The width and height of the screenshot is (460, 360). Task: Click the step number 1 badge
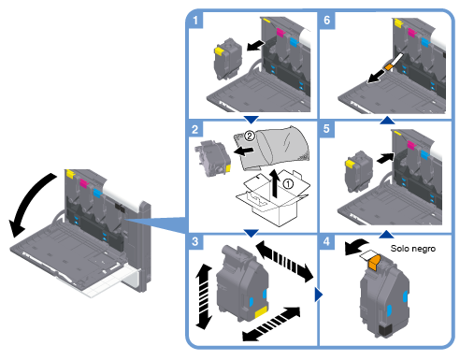(195, 21)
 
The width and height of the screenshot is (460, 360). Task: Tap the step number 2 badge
(195, 129)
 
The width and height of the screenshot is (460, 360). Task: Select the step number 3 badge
(195, 241)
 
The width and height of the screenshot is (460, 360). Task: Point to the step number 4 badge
(326, 241)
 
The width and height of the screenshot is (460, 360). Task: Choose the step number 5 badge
(326, 129)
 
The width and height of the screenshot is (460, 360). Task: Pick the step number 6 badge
(327, 21)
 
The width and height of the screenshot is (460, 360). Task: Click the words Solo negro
(413, 249)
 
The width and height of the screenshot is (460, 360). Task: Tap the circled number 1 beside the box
(288, 183)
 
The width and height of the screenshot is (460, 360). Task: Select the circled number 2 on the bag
(250, 136)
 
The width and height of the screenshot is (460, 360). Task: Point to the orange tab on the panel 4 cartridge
(375, 263)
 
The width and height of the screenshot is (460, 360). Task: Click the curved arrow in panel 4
(355, 247)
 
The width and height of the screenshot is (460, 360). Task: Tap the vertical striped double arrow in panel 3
(204, 296)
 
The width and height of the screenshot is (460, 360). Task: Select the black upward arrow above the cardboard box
(274, 183)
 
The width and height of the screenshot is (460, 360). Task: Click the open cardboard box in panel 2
(273, 198)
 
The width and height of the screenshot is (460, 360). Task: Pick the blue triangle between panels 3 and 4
(319, 295)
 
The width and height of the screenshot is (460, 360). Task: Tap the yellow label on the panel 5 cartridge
(351, 164)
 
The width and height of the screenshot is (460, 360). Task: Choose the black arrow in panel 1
(255, 46)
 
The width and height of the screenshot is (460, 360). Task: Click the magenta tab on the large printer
(84, 183)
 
